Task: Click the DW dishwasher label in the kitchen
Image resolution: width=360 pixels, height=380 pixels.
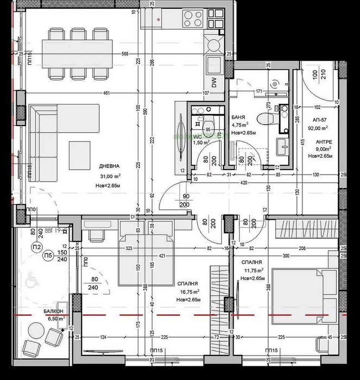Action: (x=213, y=83)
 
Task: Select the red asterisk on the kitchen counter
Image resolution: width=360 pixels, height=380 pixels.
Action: (x=159, y=19)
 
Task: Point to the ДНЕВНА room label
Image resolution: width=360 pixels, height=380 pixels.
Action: (x=109, y=166)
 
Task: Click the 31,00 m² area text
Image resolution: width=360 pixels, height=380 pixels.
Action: (x=110, y=176)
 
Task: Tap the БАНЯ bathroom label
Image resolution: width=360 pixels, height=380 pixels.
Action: (x=237, y=117)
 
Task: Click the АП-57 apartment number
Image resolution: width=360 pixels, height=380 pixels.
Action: (x=319, y=120)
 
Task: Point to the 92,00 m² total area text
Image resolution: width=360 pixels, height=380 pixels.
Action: (x=318, y=129)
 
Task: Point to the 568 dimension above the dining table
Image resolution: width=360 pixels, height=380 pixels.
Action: (x=125, y=53)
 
